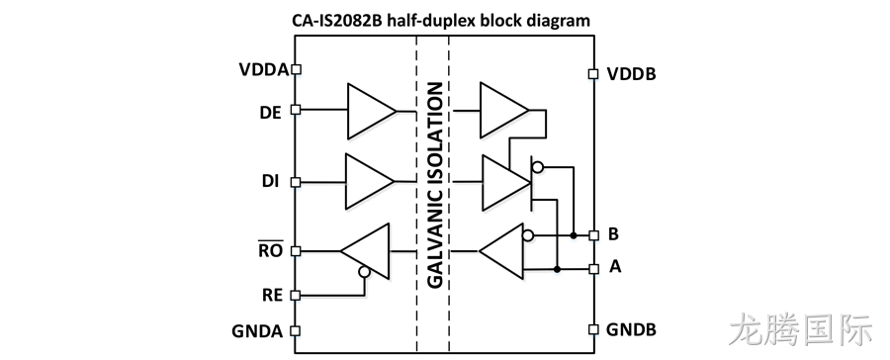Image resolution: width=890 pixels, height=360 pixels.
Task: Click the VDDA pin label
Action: [x=264, y=70]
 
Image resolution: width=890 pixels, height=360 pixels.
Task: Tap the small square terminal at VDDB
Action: [x=593, y=74]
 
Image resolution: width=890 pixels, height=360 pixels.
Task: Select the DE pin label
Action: [x=270, y=113]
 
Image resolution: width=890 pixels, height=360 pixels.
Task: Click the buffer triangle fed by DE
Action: [x=372, y=112]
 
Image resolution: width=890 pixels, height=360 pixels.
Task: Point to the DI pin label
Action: [x=270, y=182]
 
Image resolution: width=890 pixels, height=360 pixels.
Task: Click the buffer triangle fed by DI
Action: [x=370, y=182]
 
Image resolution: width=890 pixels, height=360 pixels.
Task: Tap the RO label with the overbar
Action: [x=271, y=249]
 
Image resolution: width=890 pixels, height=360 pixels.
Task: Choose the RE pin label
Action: [x=273, y=296]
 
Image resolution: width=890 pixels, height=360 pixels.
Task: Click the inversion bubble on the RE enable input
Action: [x=364, y=272]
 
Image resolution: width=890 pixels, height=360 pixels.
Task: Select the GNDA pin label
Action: [x=257, y=331]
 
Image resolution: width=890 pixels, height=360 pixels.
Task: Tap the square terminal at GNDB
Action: [x=593, y=329]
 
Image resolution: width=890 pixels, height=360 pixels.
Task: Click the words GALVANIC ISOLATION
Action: [x=434, y=186]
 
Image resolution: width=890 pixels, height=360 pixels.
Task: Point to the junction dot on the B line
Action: [x=574, y=235]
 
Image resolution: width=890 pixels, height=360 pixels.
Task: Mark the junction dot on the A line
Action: [x=558, y=269]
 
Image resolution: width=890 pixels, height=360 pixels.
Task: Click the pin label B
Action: [x=613, y=234]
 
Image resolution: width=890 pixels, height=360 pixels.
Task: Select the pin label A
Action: [x=615, y=266]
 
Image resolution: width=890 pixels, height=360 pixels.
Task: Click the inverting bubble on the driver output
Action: [x=537, y=167]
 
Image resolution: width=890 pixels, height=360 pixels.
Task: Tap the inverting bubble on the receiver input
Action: [x=528, y=235]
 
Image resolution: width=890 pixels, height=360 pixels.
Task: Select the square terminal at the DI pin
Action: [x=295, y=182]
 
